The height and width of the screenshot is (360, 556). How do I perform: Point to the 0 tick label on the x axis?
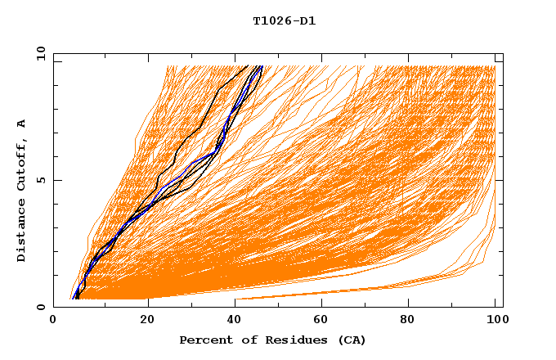(x=53, y=320)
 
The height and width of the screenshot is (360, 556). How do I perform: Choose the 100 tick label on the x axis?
(x=495, y=320)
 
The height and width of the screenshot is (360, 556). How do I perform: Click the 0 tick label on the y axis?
(x=42, y=307)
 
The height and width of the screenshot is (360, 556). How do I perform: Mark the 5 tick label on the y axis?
(x=42, y=180)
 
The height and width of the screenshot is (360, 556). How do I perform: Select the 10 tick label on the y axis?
(x=40, y=53)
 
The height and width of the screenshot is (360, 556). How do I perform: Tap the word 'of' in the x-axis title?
(x=244, y=340)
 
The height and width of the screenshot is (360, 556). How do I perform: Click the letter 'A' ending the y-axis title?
(x=22, y=124)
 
